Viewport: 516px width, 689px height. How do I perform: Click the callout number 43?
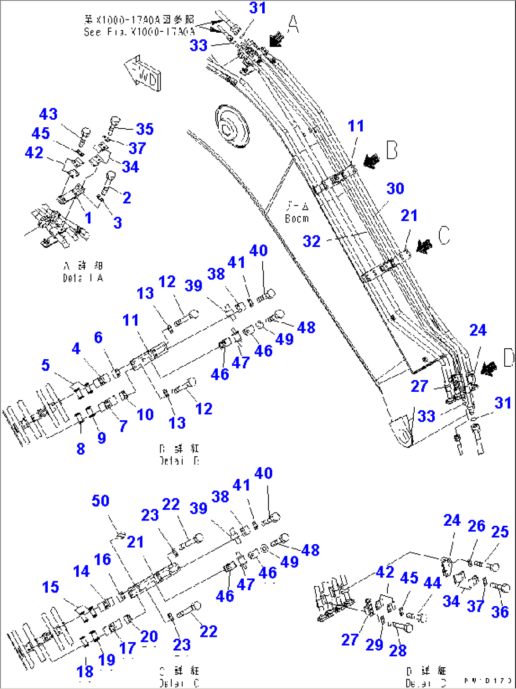[x=48, y=114]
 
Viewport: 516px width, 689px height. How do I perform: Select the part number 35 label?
[x=144, y=129]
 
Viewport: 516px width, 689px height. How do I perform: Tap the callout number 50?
[x=100, y=501]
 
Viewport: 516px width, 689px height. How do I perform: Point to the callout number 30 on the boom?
[x=395, y=188]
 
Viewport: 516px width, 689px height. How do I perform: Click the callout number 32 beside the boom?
[x=311, y=241]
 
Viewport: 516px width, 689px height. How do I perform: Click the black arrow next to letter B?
[x=372, y=160]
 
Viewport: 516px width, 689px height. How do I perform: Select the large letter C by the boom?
[x=444, y=235]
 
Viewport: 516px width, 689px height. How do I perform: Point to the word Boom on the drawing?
[x=297, y=219]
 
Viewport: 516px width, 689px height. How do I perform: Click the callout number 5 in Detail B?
[x=45, y=365]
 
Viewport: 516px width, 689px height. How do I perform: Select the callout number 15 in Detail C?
[x=50, y=587]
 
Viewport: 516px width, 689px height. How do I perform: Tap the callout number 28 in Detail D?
[x=398, y=650]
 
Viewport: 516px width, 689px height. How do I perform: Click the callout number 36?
[x=500, y=612]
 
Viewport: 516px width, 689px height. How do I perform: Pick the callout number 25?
[x=500, y=532]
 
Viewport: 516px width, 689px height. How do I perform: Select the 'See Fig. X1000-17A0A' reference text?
[x=139, y=32]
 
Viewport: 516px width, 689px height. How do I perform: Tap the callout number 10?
[x=145, y=414]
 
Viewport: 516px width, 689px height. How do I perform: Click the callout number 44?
[x=432, y=583]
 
